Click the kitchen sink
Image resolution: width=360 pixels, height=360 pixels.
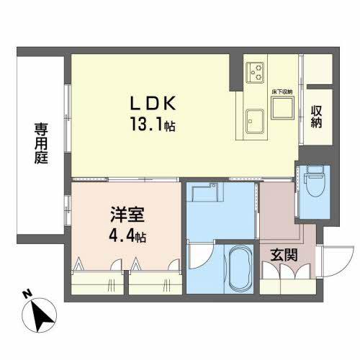[x=254, y=120]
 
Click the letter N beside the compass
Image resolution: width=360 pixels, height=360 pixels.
[x=26, y=294]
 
